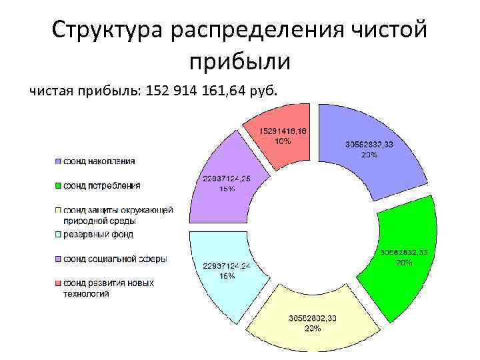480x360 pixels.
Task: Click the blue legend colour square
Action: (59, 161)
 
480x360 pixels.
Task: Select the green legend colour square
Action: (59, 185)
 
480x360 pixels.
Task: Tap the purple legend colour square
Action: (59, 259)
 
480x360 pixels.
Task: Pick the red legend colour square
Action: (59, 283)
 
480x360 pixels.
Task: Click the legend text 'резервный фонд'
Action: (98, 234)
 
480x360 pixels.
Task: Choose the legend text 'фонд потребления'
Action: (101, 185)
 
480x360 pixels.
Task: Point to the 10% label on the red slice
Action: (283, 141)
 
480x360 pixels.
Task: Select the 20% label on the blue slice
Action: (370, 154)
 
